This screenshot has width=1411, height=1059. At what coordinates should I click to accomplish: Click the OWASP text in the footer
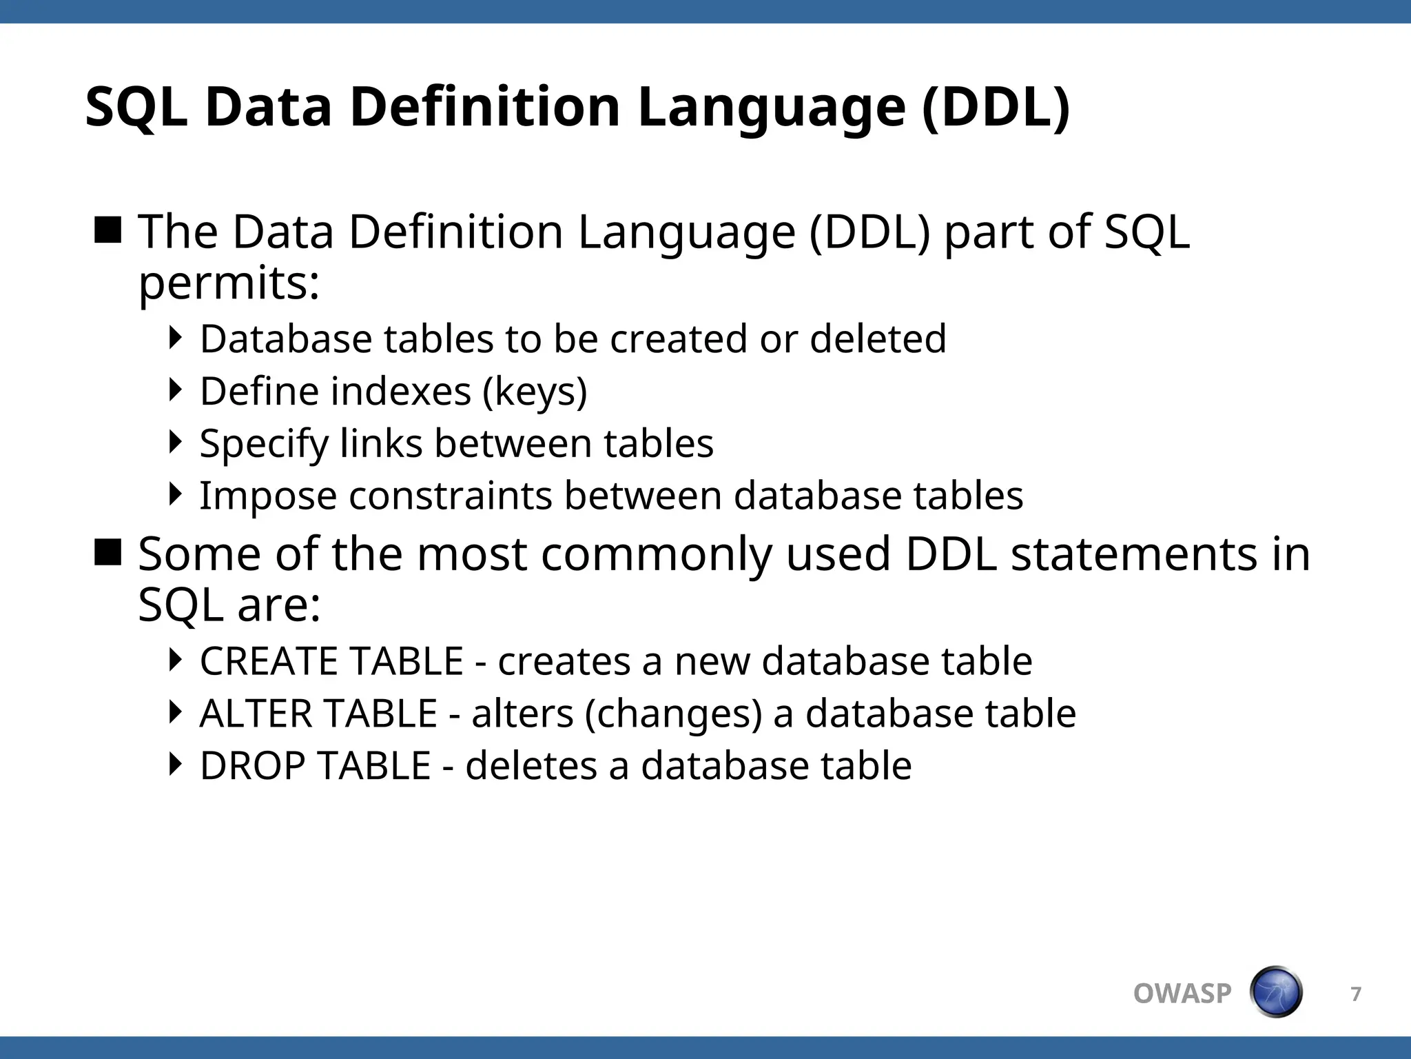pos(1182,994)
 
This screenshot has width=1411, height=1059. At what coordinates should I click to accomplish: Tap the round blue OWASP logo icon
pos(1276,992)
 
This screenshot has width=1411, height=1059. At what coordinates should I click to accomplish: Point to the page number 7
pos(1356,994)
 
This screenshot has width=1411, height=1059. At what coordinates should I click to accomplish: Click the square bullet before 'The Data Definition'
pos(108,230)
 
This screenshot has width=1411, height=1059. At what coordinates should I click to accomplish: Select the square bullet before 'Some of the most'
pos(108,552)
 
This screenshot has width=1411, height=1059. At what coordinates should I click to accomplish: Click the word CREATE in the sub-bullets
pos(274,660)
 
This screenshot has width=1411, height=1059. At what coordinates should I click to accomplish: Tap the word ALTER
pos(249,713)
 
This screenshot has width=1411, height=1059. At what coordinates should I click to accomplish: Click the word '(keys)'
pos(535,392)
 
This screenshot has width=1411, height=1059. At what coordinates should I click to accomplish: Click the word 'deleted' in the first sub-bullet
pos(878,339)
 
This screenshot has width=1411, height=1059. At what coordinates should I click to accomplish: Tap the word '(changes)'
pos(673,714)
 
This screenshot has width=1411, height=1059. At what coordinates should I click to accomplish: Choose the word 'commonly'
pos(657,554)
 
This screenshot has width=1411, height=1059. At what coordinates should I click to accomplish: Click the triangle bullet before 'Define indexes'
pos(176,390)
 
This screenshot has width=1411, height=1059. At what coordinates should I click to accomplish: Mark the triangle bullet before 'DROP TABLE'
pos(176,764)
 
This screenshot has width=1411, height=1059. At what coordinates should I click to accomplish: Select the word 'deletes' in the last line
pos(531,765)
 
